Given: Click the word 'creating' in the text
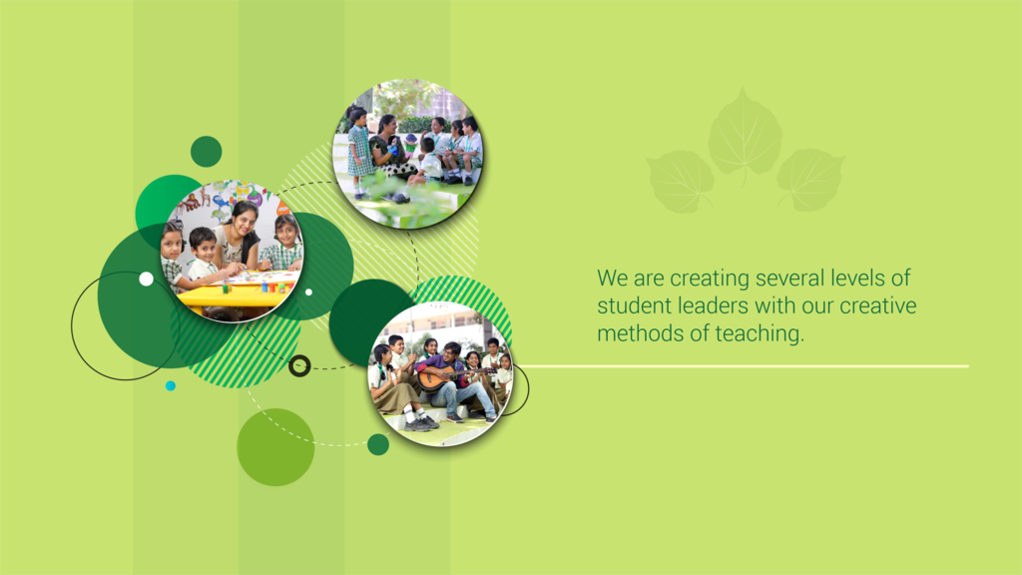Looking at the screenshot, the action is tap(710, 280).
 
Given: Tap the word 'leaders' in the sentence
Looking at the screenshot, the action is tap(713, 305).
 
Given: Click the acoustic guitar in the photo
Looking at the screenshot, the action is tap(449, 376).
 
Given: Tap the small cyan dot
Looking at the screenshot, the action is tap(170, 386).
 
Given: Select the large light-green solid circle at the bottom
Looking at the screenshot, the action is tap(275, 447).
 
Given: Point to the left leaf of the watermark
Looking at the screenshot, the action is tap(680, 182).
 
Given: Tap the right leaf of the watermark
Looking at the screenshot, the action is tap(810, 180).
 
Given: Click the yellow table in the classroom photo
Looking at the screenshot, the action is tap(238, 292).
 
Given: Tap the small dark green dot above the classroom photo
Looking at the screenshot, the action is tap(206, 152).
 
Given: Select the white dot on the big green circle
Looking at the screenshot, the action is tap(146, 280).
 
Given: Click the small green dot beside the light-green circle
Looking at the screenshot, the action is tap(378, 444).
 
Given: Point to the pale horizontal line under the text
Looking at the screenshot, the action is tap(743, 365).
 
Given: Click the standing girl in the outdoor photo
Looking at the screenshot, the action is tap(358, 152).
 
